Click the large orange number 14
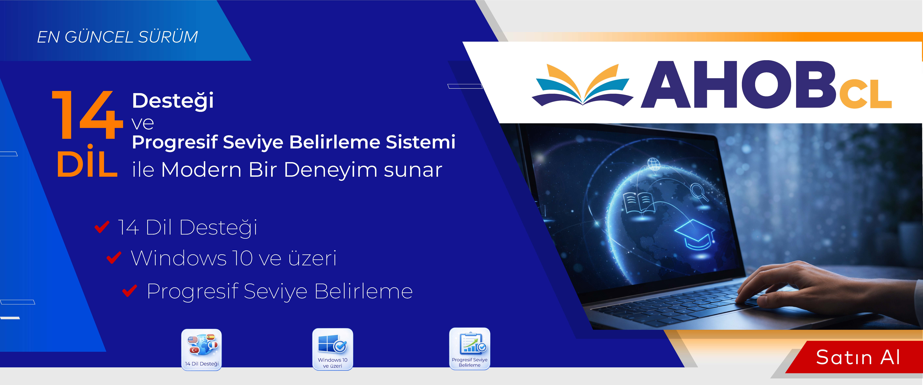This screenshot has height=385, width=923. (x=87, y=115)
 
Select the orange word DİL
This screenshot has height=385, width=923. (x=87, y=163)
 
